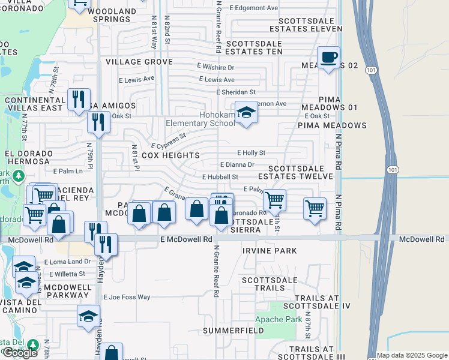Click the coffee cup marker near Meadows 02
[x=328, y=58]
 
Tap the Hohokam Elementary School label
[x=200, y=119]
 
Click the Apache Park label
[x=279, y=320]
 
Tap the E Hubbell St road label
[x=220, y=177]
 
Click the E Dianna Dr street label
[x=237, y=164]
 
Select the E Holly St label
[x=251, y=153]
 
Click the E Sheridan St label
[x=236, y=92]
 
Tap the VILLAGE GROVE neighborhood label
[x=139, y=62]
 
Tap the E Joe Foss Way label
[x=127, y=297]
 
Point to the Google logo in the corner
[x=20, y=353]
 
